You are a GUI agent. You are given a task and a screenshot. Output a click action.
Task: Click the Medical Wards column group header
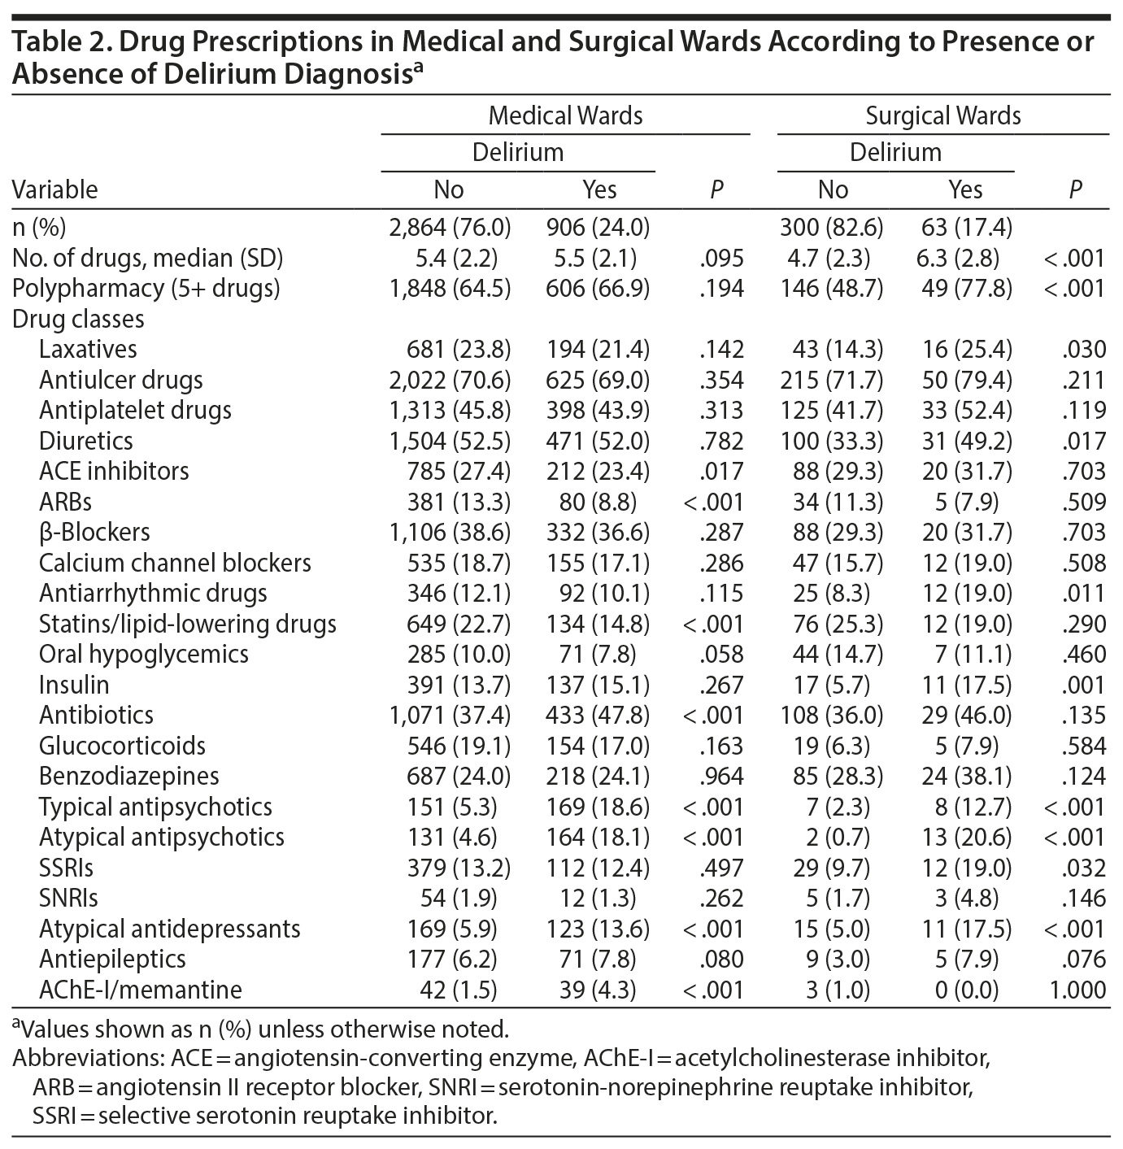coord(565,115)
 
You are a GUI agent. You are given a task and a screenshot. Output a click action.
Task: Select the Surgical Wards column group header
coord(942,115)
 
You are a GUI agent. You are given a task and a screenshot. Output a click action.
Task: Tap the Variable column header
coord(54,189)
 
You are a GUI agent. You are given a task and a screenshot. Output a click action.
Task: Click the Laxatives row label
coord(88,350)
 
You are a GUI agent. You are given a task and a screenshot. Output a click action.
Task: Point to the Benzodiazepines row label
coord(128,777)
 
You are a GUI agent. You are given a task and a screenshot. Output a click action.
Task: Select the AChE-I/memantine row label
coord(140,990)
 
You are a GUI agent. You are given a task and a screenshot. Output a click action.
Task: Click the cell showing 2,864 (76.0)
coord(450,228)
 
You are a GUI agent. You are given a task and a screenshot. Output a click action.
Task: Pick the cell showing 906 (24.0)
coord(598,228)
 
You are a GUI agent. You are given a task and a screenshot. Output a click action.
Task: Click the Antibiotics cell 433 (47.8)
coord(598,716)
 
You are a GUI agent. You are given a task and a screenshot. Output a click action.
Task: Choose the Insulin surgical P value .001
coord(1083,685)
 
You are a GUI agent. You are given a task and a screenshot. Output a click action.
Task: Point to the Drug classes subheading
coord(78,319)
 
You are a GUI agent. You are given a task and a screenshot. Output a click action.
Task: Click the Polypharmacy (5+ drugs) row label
coord(146,289)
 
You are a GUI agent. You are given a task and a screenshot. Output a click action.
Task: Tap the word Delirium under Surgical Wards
coord(895,152)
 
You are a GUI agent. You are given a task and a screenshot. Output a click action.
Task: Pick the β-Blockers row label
coord(94,533)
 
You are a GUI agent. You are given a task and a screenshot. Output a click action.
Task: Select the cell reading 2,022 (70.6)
coord(450,380)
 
